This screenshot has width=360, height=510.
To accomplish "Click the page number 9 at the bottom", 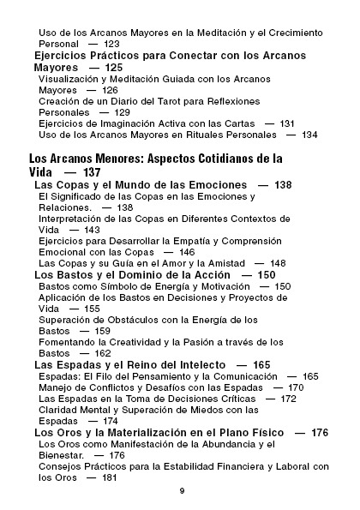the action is point(182,490).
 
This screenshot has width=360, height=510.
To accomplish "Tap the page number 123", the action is point(111,43).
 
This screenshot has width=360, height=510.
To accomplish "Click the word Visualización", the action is point(75,79).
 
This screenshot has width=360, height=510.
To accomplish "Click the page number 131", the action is point(287,123).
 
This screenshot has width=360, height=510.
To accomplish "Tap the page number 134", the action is point(309,135).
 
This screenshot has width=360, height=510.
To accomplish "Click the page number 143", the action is point(91,230).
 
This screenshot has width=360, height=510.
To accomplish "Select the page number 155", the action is point(91,308).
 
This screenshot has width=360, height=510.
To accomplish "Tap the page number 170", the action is point(296,387).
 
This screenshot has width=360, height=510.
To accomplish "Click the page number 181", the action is point(108,477).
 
